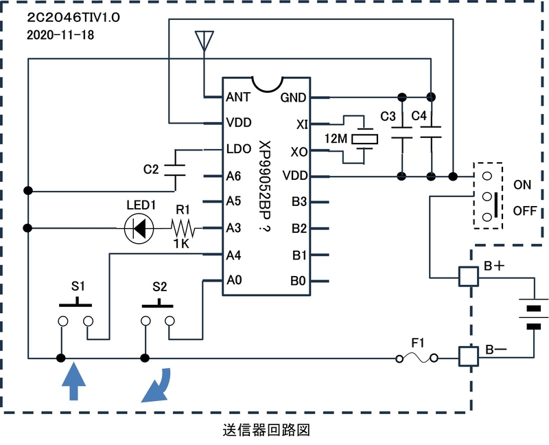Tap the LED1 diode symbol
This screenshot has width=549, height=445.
tap(139, 229)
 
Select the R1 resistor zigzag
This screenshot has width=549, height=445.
tap(183, 229)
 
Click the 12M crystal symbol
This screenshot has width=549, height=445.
tap(364, 139)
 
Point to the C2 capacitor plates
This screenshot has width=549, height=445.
tap(175, 170)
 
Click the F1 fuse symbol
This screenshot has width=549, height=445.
tap(417, 358)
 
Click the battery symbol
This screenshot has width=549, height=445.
tap(534, 313)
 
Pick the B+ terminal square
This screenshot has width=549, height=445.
tap(469, 277)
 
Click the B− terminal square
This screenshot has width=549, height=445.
tap(469, 356)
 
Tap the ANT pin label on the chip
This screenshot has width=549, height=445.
tap(238, 97)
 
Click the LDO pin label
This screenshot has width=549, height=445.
tap(239, 149)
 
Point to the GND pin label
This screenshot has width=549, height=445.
tap(294, 98)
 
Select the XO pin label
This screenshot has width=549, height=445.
tap(299, 152)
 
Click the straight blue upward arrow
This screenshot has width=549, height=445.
tap(73, 381)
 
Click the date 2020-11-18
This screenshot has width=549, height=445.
tap(60, 35)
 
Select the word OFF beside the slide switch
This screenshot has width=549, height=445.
tap(525, 211)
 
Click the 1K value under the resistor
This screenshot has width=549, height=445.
tap(181, 244)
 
